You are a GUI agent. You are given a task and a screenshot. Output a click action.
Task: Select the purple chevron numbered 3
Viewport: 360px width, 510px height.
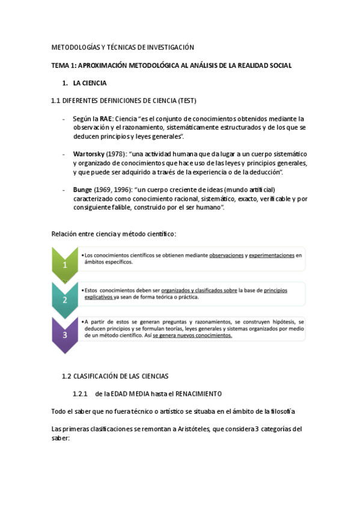pyautogui.click(x=65, y=334)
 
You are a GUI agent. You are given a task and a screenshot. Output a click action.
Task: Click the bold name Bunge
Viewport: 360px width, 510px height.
pyautogui.click(x=83, y=189)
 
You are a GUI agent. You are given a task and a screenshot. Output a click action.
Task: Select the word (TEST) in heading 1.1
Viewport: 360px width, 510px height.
pyautogui.click(x=185, y=100)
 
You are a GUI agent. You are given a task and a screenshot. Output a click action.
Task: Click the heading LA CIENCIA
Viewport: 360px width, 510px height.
pyautogui.click(x=90, y=83)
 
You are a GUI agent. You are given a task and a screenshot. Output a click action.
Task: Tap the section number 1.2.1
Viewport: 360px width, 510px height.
pyautogui.click(x=81, y=393)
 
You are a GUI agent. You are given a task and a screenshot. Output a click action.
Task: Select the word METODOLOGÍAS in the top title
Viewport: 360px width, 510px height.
pyautogui.click(x=75, y=48)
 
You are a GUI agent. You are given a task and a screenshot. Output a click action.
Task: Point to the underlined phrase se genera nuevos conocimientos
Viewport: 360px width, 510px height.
pyautogui.click(x=192, y=336)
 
